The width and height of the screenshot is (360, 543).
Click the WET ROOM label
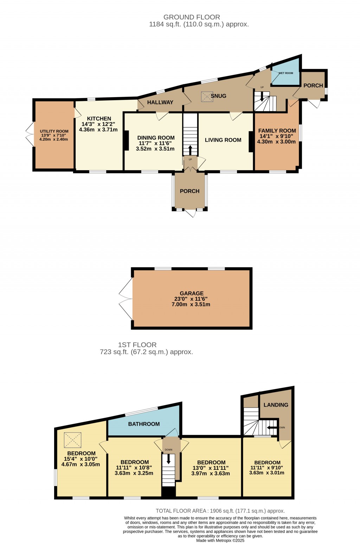coord(285,73)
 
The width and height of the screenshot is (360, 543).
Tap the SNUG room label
coord(218,96)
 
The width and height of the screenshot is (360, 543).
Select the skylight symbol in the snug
coord(207,97)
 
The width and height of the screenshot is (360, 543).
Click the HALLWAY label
coord(160,102)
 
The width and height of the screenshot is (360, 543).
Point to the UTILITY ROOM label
coord(54,131)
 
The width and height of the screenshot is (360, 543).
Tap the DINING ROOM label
coord(156,138)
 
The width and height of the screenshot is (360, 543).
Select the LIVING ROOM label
coord(223,140)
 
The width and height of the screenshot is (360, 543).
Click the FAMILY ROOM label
coord(277,130)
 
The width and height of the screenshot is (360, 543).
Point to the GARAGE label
coord(192,293)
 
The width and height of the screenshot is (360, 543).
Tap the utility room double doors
coord(29,135)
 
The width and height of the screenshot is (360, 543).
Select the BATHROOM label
coord(144,424)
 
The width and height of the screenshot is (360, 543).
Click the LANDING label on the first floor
coord(276,405)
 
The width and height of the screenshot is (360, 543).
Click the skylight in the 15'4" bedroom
coord(72,440)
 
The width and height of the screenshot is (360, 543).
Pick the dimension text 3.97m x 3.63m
coord(211,473)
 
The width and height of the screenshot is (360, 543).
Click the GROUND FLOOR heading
coord(192,17)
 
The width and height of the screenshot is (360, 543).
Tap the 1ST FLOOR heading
coord(137,345)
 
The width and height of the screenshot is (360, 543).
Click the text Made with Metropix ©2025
coord(220,541)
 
